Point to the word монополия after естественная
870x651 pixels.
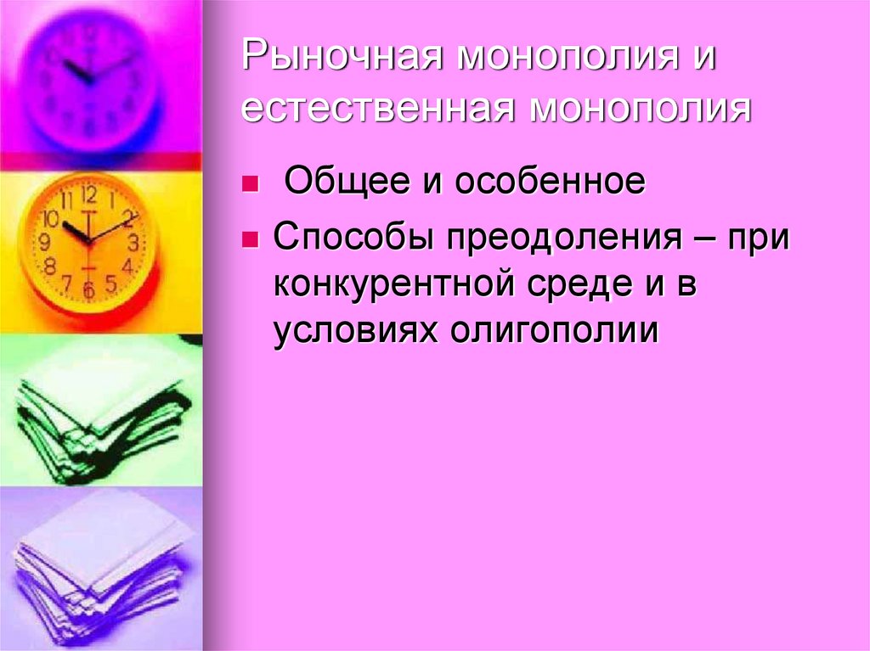pos(643,111)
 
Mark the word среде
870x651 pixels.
pos(578,285)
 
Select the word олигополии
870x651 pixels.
pos(555,331)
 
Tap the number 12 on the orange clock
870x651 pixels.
pos(89,194)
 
